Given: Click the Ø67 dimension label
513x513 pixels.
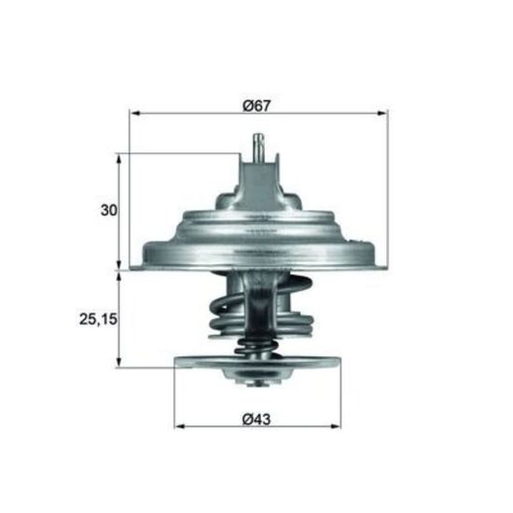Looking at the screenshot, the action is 257,105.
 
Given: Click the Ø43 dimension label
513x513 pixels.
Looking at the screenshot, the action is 256,419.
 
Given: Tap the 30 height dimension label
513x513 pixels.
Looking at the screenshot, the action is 108,210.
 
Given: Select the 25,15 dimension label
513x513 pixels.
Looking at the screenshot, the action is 98,319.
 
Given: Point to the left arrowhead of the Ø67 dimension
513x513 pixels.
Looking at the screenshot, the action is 135,113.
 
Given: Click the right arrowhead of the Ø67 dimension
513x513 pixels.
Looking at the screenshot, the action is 382,113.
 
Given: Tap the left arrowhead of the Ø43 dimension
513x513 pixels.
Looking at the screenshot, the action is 180,426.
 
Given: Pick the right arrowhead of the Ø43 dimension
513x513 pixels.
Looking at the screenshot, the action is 336,426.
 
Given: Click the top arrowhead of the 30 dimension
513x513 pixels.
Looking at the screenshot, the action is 119,159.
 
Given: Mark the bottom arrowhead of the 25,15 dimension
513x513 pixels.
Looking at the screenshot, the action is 119,362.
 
